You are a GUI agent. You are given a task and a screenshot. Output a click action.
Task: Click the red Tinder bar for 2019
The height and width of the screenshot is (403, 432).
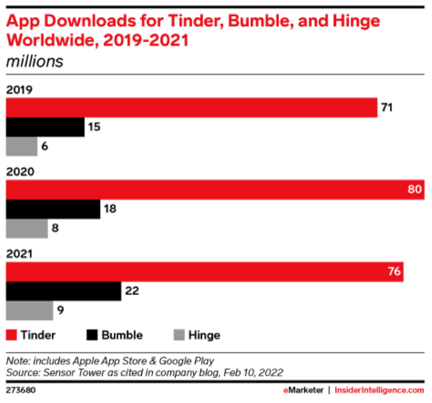tap(192, 107)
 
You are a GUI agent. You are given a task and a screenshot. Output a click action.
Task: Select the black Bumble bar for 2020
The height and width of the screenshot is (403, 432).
tap(53, 209)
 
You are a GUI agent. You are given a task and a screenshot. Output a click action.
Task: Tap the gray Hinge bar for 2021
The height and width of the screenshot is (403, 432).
tap(30, 311)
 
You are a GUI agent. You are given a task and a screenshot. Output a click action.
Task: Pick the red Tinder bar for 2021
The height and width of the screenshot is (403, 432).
tap(205, 272)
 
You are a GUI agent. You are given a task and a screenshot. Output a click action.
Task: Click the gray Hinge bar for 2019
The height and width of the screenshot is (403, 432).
tap(22, 146)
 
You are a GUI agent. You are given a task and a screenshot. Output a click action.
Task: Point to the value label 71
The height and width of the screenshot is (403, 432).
tap(387, 107)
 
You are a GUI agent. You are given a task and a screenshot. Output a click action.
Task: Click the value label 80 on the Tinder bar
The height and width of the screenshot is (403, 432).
tap(415, 189)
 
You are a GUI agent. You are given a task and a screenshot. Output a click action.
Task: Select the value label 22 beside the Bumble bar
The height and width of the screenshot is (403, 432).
tap(132, 291)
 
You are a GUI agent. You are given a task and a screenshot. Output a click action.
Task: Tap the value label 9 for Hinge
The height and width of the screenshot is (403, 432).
tap(61, 310)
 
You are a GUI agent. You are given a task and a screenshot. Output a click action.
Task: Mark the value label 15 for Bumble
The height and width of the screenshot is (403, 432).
tap(94, 127)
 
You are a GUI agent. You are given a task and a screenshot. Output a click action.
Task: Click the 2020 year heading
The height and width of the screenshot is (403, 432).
tap(20, 172)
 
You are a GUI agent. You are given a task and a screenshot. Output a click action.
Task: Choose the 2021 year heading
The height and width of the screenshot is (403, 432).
tap(19, 254)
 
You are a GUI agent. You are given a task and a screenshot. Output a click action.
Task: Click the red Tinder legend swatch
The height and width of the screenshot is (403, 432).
tap(11, 335)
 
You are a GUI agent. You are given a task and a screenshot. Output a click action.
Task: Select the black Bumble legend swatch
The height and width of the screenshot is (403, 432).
tap(92, 335)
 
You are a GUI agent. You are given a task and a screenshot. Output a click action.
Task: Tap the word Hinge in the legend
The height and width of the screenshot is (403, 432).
tap(204, 336)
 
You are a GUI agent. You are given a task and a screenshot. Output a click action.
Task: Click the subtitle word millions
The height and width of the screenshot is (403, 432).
tap(34, 61)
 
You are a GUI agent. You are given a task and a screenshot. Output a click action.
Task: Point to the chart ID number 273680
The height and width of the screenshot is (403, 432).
tap(21, 391)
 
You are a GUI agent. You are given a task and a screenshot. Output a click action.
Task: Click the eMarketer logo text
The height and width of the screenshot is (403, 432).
tap(303, 391)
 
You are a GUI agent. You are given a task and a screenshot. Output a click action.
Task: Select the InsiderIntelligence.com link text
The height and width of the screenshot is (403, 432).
tap(380, 391)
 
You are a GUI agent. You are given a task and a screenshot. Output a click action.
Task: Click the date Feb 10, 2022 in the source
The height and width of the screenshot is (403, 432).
tap(253, 373)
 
